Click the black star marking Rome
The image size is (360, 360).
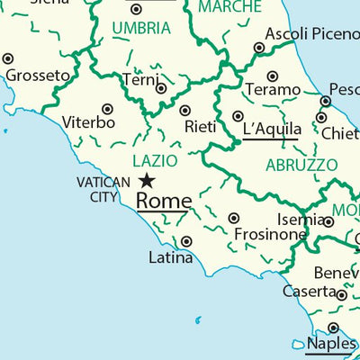pyautogui.click(x=146, y=182)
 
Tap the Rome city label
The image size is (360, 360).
pyautogui.click(x=163, y=201)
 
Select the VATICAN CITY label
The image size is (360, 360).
pyautogui.click(x=103, y=190)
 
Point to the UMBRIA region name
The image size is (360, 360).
pyautogui.click(x=140, y=29)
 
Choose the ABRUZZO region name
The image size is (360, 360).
pyautogui.click(x=301, y=166)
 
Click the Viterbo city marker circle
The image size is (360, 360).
pyautogui.click(x=107, y=109)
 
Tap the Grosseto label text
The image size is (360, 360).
pyautogui.click(x=38, y=76)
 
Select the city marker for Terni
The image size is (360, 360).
pyautogui.click(x=161, y=88)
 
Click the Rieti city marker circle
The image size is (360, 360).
pyautogui.click(x=185, y=111)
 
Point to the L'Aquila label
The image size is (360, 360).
pyautogui.click(x=271, y=129)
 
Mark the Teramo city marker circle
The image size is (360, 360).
pyautogui.click(x=273, y=76)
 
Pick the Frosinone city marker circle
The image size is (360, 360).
pyautogui.click(x=233, y=219)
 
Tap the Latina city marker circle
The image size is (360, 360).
pyautogui.click(x=186, y=241)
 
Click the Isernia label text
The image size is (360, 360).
pyautogui.click(x=301, y=219)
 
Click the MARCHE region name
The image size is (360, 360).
pyautogui.click(x=229, y=8)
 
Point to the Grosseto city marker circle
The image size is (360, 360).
pyautogui.click(x=8, y=58)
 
